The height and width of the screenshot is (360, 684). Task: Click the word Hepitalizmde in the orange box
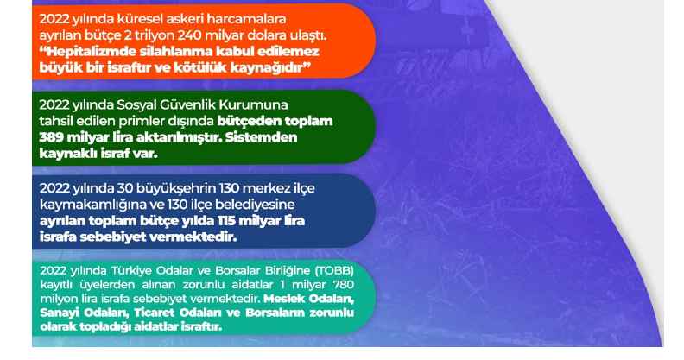point(87,52)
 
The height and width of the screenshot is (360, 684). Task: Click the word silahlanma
point(180,52)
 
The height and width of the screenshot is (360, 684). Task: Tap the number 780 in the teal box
point(344,285)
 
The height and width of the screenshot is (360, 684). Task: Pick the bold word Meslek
point(283,299)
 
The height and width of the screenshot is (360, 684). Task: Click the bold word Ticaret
point(155,313)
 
